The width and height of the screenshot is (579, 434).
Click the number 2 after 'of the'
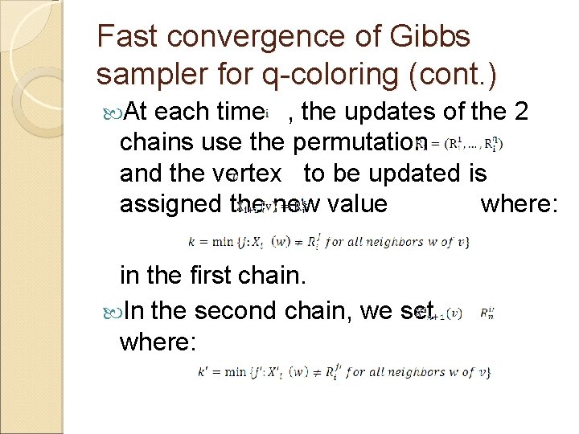[519, 111]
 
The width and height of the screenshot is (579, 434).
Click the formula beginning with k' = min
[343, 372]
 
